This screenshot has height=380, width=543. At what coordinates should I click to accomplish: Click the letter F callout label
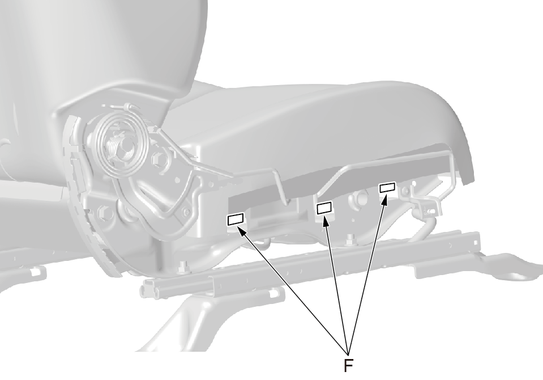(348, 366)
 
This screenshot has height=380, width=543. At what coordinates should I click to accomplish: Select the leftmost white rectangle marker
(236, 219)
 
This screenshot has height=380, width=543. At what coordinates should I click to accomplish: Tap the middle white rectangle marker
(324, 208)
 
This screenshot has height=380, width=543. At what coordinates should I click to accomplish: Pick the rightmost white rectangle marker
(387, 187)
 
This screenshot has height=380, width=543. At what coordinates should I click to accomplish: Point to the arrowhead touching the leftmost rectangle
(242, 230)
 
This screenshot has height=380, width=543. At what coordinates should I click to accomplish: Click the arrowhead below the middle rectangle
(326, 221)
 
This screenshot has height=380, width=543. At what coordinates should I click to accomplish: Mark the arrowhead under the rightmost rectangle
(385, 199)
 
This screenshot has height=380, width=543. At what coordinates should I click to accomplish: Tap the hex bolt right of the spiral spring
(160, 159)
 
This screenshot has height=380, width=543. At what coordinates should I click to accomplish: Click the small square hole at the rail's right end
(477, 240)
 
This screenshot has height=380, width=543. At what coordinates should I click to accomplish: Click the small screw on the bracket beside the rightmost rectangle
(404, 190)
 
